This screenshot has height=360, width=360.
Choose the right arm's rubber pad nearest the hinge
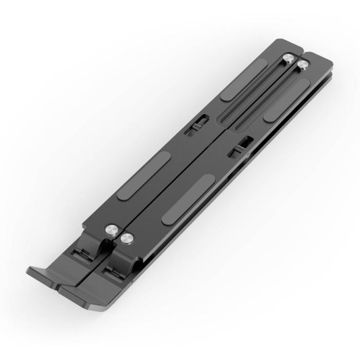[x=188, y=198]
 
